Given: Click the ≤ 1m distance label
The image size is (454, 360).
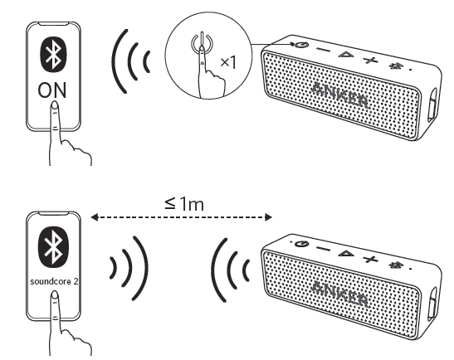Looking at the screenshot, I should tap(182, 202).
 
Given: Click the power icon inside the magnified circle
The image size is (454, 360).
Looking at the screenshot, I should tap(196, 41).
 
